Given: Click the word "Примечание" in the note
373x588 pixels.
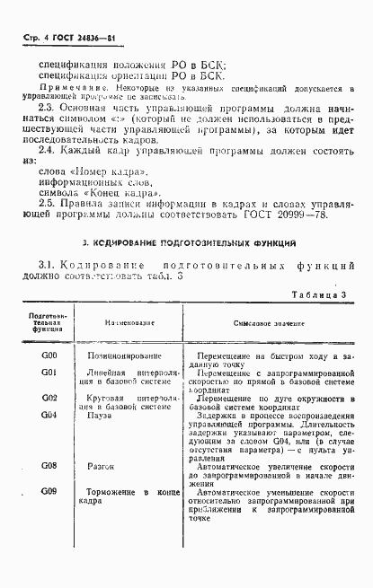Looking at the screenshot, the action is [x=66, y=89].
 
